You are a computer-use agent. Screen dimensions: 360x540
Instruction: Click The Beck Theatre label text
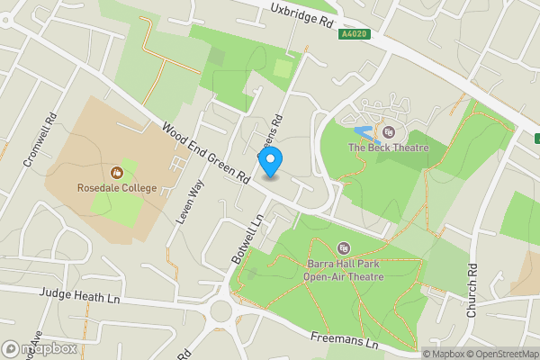pos(388,148)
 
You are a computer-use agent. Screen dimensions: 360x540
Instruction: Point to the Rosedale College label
pos(116,187)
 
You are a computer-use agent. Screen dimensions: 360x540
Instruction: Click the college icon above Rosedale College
pos(116,172)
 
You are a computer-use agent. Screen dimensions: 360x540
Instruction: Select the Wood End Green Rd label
pos(206,155)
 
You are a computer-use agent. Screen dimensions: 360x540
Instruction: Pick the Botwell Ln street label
pos(246,238)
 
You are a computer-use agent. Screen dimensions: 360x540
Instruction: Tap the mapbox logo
pos(40,348)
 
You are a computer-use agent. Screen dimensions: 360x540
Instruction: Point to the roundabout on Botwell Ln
pos(223,310)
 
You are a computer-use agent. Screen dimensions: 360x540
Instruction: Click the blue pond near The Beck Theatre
pos(364,135)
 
